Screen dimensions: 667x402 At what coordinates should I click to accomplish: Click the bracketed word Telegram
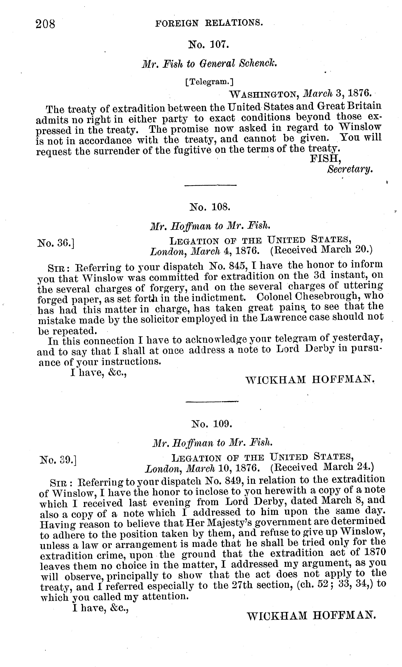(x=209, y=82)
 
